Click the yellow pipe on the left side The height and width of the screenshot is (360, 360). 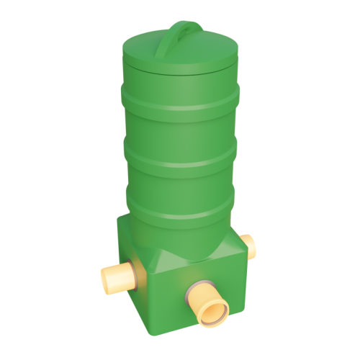[x=120, y=276]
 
